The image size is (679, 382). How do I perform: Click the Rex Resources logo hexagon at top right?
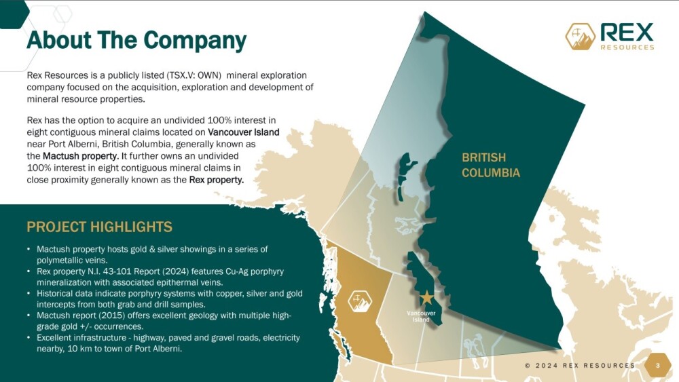click(x=581, y=37)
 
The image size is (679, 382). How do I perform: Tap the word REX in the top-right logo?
click(x=627, y=32)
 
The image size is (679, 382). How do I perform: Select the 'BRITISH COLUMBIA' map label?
click(x=491, y=165)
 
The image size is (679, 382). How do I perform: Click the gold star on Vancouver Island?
click(x=427, y=297)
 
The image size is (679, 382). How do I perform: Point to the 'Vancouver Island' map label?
click(x=421, y=316)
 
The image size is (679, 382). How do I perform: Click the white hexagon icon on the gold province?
click(x=360, y=301)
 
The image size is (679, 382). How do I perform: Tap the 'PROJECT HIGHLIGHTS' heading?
click(x=100, y=227)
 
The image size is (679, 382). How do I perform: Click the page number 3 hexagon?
click(x=657, y=366)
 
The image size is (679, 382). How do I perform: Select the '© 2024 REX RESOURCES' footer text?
click(x=580, y=366)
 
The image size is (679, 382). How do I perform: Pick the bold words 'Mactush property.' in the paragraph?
click(x=81, y=156)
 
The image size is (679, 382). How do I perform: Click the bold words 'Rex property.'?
click(x=217, y=180)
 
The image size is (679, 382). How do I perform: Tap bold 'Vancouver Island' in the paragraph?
click(x=243, y=132)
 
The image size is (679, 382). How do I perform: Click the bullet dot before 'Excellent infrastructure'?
click(x=29, y=337)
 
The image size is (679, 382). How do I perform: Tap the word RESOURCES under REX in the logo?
click(x=627, y=47)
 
